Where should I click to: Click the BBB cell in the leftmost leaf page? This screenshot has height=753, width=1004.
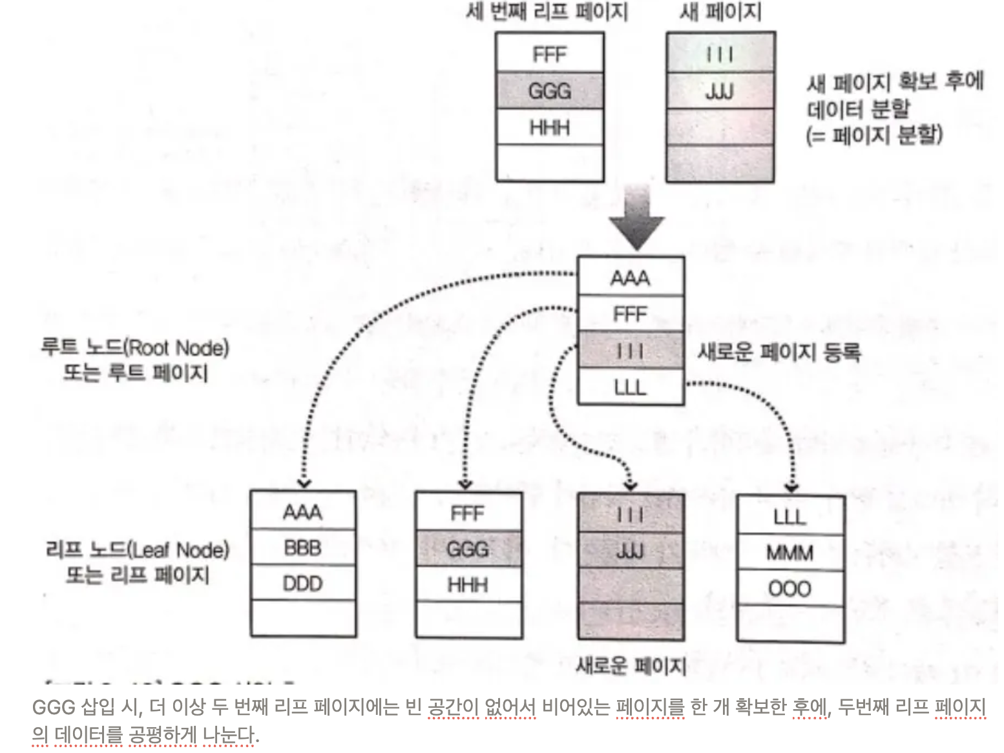(302, 548)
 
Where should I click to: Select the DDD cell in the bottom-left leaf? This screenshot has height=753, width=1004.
(302, 584)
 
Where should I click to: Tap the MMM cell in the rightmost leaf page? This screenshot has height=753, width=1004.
(790, 553)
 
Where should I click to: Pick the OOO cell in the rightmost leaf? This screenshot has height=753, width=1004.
(790, 589)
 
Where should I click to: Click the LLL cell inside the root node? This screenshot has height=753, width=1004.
(630, 387)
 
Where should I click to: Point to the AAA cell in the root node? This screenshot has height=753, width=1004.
(630, 278)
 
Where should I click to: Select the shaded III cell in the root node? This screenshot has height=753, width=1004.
(630, 351)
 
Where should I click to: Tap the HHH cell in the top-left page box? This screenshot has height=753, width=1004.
(550, 128)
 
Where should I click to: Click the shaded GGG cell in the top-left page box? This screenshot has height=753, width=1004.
(550, 91)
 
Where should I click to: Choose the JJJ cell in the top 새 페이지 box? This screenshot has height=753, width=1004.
(720, 91)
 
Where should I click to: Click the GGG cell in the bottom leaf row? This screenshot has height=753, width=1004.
(468, 549)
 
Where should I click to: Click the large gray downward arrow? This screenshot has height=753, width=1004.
(637, 220)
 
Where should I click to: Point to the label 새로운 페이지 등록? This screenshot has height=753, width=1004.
(779, 352)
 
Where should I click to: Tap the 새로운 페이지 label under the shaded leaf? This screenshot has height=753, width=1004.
(631, 665)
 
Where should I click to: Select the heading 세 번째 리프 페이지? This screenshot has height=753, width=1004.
(547, 12)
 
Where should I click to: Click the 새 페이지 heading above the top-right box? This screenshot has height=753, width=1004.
(720, 12)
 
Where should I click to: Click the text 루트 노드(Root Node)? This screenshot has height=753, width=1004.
(135, 347)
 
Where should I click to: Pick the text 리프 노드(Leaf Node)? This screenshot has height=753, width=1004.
(137, 550)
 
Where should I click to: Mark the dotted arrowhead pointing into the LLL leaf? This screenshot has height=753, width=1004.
(791, 488)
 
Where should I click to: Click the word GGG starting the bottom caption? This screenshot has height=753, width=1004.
(54, 707)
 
